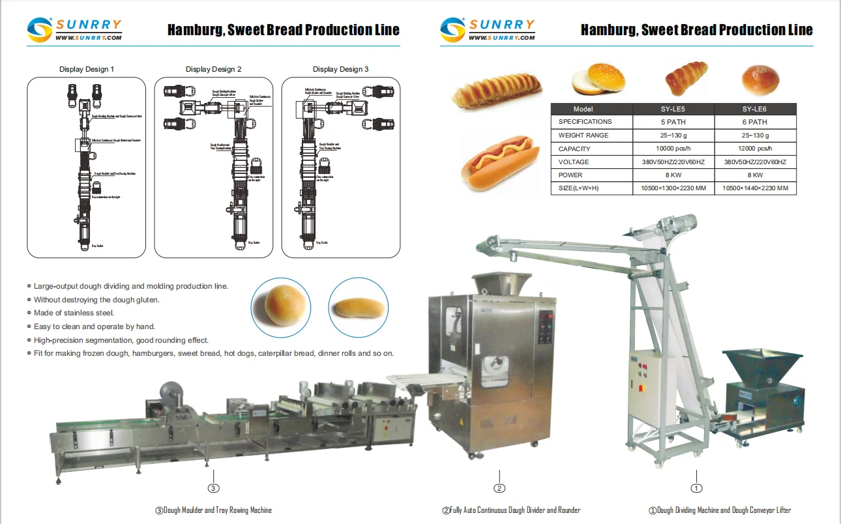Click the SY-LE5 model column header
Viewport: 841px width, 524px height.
673,109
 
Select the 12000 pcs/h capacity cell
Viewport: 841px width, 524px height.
755,149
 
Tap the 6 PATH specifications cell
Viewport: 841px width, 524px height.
755,122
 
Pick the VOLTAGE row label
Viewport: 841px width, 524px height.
574,162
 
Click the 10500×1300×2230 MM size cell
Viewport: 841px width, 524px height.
673,188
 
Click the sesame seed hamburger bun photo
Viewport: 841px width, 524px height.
598,79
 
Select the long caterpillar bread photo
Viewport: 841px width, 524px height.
497,90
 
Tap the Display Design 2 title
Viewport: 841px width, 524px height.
213,69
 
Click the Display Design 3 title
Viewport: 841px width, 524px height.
340,69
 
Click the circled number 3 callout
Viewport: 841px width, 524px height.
213,488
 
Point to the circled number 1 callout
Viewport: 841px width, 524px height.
696,488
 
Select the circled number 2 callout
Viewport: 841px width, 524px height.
499,488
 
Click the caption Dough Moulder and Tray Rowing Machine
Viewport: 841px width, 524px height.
213,510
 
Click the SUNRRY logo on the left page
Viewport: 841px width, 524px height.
74,29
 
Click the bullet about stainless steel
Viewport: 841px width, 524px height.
74,313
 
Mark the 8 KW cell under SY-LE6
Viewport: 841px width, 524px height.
755,175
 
